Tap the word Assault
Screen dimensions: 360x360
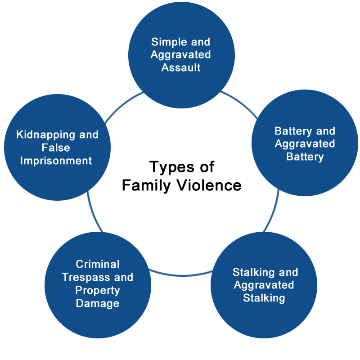181,67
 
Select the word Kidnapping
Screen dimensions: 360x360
46,135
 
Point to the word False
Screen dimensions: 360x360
56,148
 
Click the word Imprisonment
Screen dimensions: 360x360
56,161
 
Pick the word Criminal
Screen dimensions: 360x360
98,264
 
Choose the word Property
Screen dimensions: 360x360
98,291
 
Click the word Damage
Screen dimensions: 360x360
98,303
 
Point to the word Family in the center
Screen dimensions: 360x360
146,186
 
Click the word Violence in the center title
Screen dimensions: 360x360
209,185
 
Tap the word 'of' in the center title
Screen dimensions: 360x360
207,167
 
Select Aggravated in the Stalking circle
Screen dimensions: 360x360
264,286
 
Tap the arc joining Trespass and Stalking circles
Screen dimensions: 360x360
181,274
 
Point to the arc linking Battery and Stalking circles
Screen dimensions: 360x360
273,211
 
